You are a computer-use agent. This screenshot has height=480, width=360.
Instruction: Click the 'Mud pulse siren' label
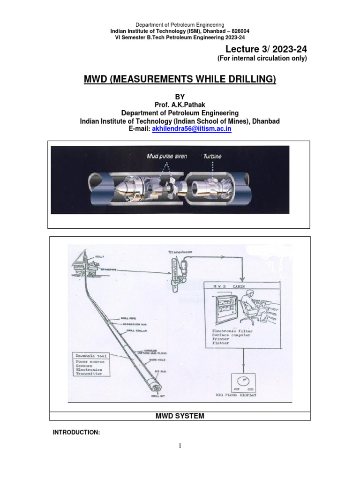166,156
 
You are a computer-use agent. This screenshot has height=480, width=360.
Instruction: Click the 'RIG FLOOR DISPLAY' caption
236,395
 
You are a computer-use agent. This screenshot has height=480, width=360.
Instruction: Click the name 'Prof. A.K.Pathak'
180,105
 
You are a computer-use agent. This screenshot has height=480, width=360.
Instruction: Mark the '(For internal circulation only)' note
261,59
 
